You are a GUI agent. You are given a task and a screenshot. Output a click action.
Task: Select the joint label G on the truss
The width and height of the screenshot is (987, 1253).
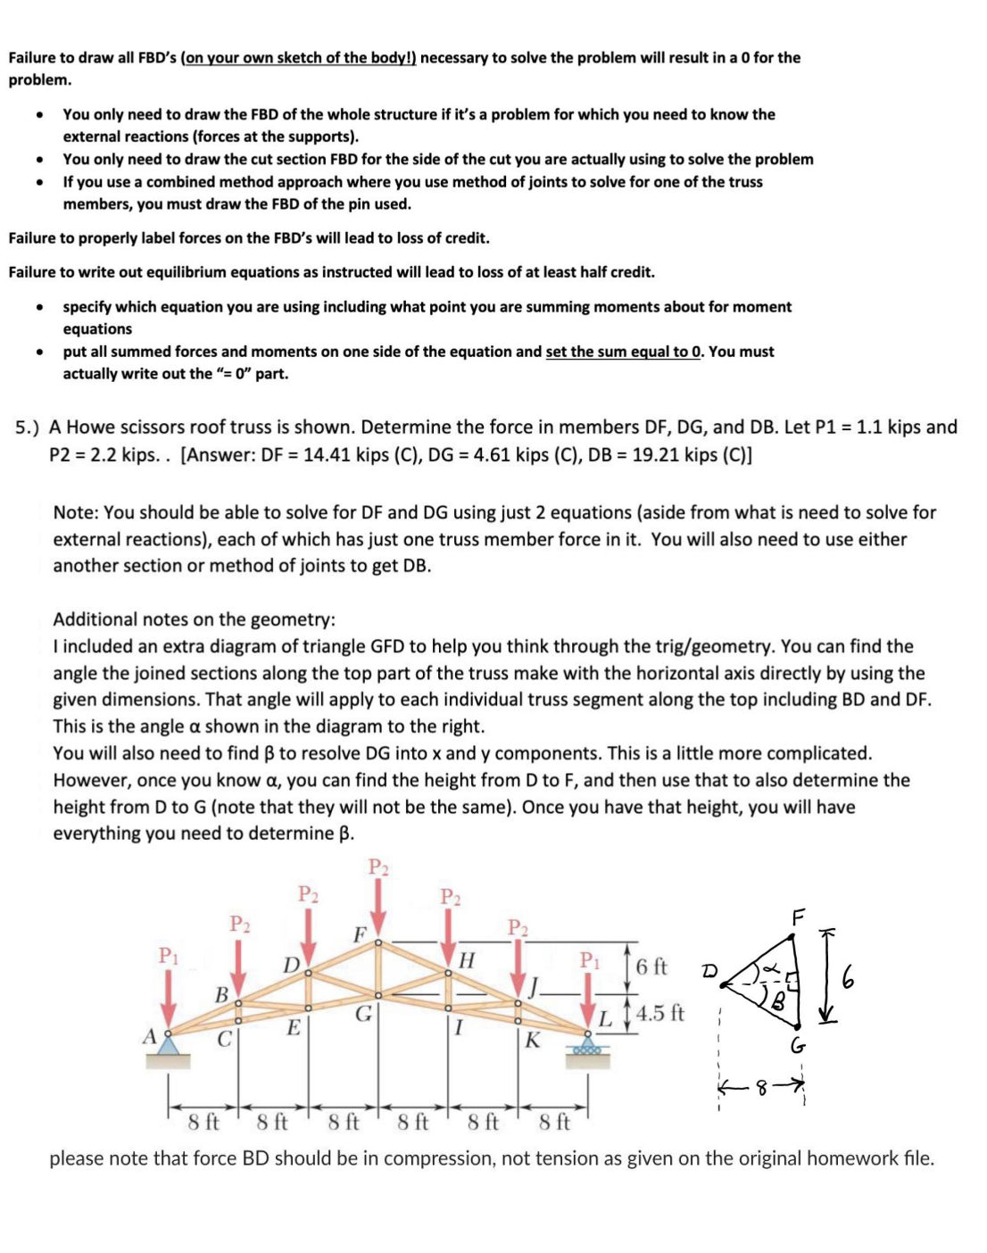click(363, 1014)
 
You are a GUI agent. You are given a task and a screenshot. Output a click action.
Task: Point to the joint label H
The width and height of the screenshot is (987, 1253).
click(466, 960)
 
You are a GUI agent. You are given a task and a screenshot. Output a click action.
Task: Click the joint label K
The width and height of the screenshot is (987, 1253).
click(533, 1040)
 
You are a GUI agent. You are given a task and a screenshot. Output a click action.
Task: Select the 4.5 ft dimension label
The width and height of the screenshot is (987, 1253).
click(660, 1013)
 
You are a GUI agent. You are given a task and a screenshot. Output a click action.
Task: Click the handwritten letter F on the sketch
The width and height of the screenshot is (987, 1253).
click(798, 916)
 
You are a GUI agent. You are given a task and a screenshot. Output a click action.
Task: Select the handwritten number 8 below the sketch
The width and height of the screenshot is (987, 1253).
click(761, 1087)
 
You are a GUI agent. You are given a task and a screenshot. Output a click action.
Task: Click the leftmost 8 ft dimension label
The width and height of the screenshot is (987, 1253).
click(203, 1121)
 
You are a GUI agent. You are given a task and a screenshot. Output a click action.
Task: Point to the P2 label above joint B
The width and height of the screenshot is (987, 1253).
click(239, 923)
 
